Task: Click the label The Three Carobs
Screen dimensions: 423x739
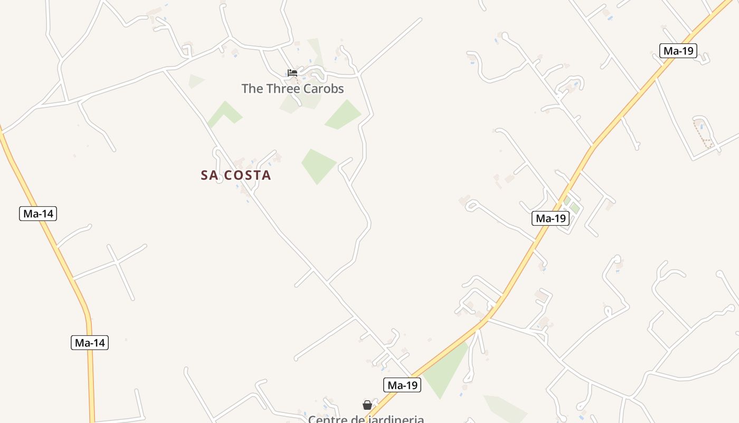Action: [x=292, y=88]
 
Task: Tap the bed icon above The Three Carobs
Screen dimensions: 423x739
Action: [x=292, y=73]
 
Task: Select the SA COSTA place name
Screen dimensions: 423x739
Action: [x=236, y=175]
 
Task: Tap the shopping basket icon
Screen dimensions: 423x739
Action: [x=367, y=405]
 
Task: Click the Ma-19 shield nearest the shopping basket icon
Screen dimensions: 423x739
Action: [x=402, y=385]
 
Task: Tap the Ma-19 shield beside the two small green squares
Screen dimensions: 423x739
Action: [x=550, y=218]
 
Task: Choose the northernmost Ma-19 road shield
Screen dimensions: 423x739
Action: [x=678, y=51]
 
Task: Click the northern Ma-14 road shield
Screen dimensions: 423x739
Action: [x=38, y=214]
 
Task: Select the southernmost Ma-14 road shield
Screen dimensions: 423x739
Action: [x=90, y=343]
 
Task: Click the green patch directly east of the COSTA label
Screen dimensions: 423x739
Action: [x=318, y=165]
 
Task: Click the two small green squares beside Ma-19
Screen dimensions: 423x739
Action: [x=572, y=205]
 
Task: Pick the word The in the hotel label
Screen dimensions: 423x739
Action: [x=252, y=88]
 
